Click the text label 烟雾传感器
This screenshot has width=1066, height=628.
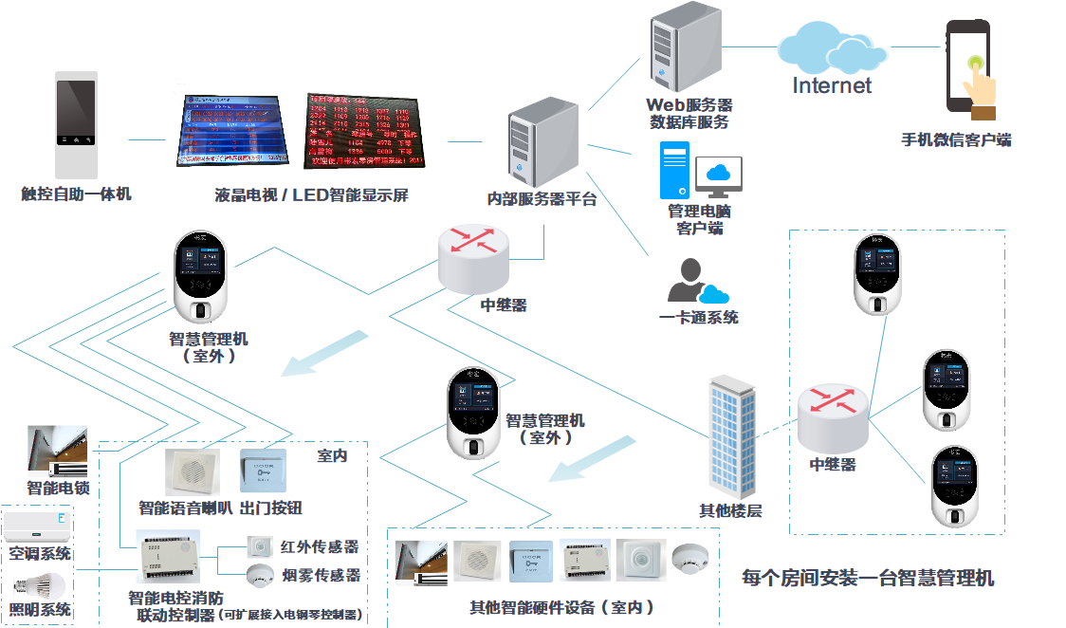(322, 575)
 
